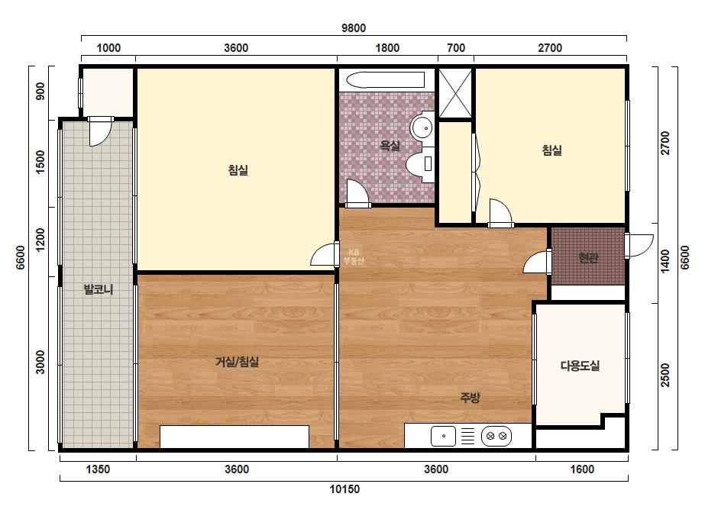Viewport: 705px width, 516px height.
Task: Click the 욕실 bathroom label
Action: tap(390, 145)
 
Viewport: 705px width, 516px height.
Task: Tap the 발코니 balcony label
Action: tap(99, 289)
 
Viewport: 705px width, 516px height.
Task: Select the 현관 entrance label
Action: tap(588, 257)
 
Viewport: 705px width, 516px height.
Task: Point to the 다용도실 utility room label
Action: tap(580, 366)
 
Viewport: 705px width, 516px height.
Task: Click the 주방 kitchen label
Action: tap(470, 397)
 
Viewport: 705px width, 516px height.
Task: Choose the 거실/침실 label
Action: tap(237, 361)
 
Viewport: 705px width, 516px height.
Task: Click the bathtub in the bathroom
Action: tap(385, 80)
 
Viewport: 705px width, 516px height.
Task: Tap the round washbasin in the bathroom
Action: tap(422, 127)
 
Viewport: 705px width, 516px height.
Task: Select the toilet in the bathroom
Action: tap(420, 164)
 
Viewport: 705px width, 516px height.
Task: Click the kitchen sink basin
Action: tap(443, 436)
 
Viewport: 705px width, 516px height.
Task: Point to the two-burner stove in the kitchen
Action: tap(496, 436)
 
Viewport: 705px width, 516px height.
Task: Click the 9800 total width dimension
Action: tap(354, 28)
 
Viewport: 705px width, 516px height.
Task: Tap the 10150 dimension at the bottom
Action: tap(344, 489)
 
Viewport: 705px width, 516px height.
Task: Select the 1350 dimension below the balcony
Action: tap(98, 469)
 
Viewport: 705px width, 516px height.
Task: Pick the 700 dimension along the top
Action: tap(456, 47)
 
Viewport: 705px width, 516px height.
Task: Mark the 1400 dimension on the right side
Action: tap(665, 261)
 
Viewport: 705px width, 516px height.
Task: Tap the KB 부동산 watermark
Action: tap(354, 256)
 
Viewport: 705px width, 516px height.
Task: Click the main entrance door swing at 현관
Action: tap(639, 245)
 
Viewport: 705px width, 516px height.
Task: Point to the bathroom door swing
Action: tap(357, 193)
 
